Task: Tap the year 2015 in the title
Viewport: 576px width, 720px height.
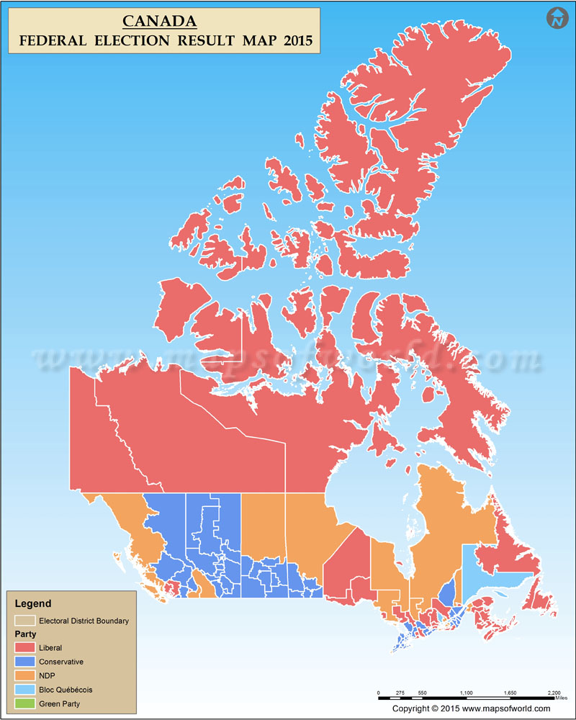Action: (x=297, y=41)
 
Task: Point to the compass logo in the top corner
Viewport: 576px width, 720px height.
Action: (x=556, y=18)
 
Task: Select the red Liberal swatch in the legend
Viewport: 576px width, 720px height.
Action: (x=24, y=648)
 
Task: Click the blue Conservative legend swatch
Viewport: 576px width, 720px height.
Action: (x=24, y=662)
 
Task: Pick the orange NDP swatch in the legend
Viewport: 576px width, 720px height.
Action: (x=24, y=675)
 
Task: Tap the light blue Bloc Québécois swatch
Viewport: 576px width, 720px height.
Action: (x=24, y=689)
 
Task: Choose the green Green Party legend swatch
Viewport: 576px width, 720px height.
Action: (x=24, y=703)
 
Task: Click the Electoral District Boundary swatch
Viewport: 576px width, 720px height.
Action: (x=24, y=620)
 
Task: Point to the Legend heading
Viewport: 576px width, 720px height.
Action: (x=33, y=603)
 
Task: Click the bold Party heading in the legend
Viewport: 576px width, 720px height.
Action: (x=25, y=634)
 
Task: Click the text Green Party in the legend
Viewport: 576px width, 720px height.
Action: (x=59, y=703)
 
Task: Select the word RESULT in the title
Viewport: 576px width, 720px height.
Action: (x=209, y=41)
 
